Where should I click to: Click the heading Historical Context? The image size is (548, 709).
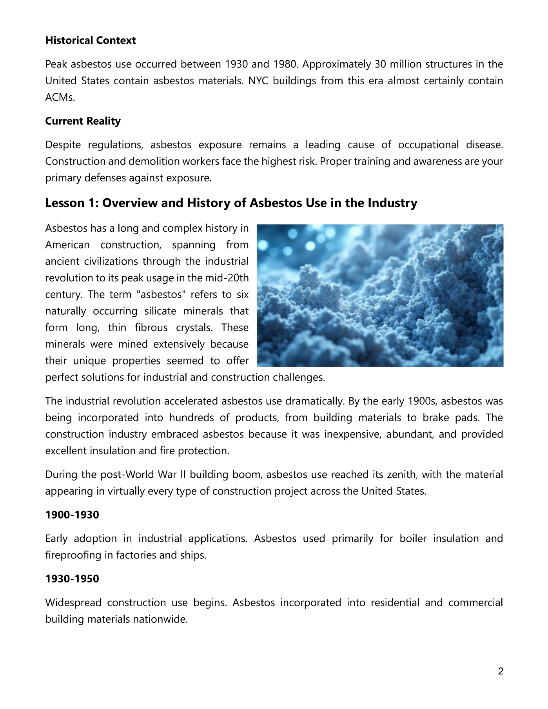click(x=91, y=40)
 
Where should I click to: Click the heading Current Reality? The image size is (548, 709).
click(x=83, y=121)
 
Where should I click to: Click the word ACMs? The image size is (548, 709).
click(x=60, y=98)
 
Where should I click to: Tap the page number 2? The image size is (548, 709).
click(x=500, y=671)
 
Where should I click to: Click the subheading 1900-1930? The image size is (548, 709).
click(x=72, y=515)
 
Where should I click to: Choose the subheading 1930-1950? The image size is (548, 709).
click(x=72, y=578)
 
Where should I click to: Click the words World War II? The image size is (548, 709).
click(x=158, y=475)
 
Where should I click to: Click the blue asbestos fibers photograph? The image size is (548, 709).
click(x=380, y=296)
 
